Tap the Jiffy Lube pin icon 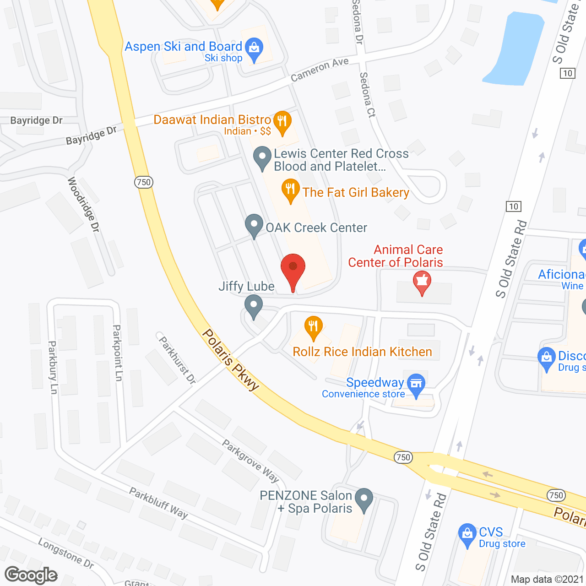pyautogui.click(x=253, y=306)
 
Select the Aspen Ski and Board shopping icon pyautogui.click(x=254, y=48)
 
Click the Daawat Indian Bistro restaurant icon pyautogui.click(x=282, y=122)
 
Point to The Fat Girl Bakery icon pyautogui.click(x=290, y=189)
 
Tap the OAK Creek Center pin pyautogui.click(x=254, y=225)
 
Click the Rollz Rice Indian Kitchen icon pyautogui.click(x=313, y=327)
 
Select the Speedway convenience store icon pyautogui.click(x=416, y=384)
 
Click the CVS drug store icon pyautogui.click(x=467, y=534)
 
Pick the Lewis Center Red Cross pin pyautogui.click(x=262, y=157)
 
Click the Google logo pyautogui.click(x=31, y=575)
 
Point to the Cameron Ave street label pyautogui.click(x=320, y=70)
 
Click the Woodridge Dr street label pyautogui.click(x=83, y=204)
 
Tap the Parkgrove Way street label pyautogui.click(x=250, y=461)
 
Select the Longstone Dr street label pyautogui.click(x=66, y=553)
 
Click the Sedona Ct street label pyautogui.click(x=367, y=95)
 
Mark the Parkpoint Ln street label pyautogui.click(x=118, y=353)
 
